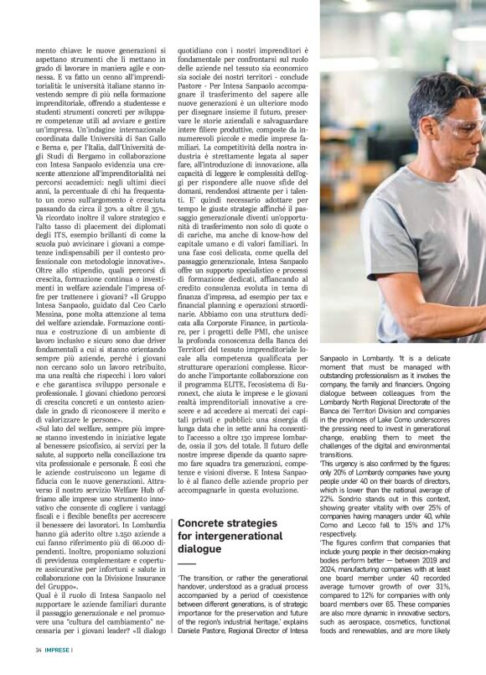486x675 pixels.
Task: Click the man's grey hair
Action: (x=436, y=88)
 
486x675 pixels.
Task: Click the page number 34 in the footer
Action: (x=39, y=650)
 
